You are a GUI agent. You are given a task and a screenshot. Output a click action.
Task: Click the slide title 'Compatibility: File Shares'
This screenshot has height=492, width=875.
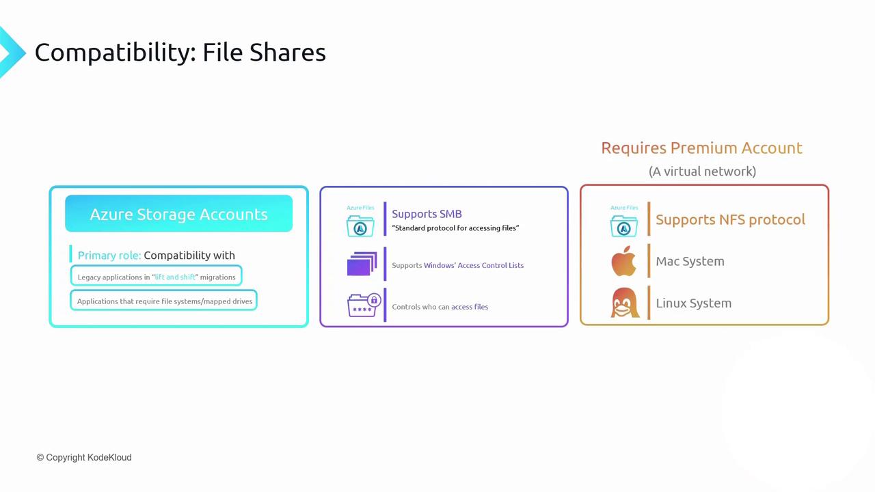pyautogui.click(x=180, y=53)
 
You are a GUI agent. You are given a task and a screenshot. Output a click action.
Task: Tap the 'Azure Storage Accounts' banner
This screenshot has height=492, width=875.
pyautogui.click(x=178, y=214)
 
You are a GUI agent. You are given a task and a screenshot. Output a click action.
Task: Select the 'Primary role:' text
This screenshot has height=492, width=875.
pyautogui.click(x=109, y=255)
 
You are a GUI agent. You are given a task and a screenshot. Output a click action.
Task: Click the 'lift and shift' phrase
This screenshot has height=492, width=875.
pyautogui.click(x=176, y=277)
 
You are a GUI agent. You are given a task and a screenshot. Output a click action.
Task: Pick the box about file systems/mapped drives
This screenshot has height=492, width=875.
pyautogui.click(x=164, y=301)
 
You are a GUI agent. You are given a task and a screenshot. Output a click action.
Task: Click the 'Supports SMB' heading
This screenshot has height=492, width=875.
pyautogui.click(x=427, y=214)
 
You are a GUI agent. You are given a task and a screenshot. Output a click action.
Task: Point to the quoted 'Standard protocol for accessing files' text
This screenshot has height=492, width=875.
pyautogui.click(x=455, y=228)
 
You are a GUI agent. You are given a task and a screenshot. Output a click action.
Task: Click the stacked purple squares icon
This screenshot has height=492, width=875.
pyautogui.click(x=362, y=264)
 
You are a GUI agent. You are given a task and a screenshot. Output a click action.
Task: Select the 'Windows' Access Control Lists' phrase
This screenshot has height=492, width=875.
pyautogui.click(x=474, y=265)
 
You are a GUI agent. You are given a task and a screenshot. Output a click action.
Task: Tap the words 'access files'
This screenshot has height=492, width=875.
pyautogui.click(x=470, y=307)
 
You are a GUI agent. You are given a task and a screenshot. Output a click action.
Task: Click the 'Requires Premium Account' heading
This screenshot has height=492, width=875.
pyautogui.click(x=701, y=148)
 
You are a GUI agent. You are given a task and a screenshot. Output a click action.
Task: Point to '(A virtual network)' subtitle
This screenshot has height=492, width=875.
pyautogui.click(x=702, y=171)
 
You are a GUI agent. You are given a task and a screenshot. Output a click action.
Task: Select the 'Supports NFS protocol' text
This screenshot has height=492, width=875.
pyautogui.click(x=730, y=219)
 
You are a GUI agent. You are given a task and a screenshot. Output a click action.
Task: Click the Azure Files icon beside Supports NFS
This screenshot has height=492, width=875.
pyautogui.click(x=623, y=224)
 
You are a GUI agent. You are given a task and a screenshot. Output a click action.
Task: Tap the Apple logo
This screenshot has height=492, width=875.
pyautogui.click(x=623, y=262)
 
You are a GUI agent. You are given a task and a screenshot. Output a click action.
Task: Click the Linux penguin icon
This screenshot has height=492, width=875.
pyautogui.click(x=624, y=303)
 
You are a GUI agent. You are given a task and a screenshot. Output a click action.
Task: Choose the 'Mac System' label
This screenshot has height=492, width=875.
pyautogui.click(x=690, y=261)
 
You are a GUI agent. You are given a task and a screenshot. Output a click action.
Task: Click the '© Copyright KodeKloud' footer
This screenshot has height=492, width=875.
pyautogui.click(x=84, y=457)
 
